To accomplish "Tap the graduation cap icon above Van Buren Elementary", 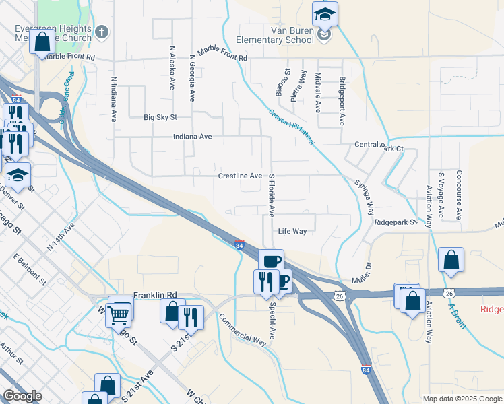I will [x=325, y=13].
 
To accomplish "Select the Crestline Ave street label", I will [x=240, y=176].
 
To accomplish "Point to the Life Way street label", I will [x=292, y=231].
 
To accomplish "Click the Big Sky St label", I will [x=160, y=117].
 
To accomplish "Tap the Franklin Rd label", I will [x=154, y=295].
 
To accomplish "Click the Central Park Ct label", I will [x=379, y=146].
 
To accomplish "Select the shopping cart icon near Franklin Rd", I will [x=119, y=313].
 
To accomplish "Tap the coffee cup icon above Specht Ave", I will [x=272, y=261].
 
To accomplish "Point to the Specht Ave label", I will [x=272, y=323].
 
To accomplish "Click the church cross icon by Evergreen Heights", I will [x=102, y=32].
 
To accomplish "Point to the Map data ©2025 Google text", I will [x=462, y=399].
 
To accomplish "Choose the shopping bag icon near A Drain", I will [x=451, y=260].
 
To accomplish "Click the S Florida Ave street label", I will [x=272, y=195].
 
